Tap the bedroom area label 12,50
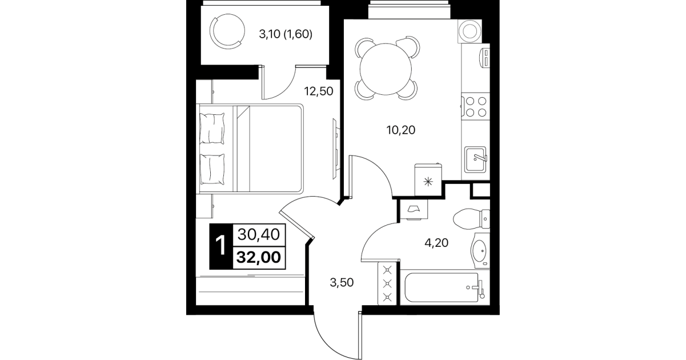point(319,91)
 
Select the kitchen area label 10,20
point(401,130)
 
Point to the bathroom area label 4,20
point(436,243)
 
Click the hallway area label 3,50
point(342,282)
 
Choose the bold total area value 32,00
point(259,257)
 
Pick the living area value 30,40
point(259,235)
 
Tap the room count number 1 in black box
point(221,246)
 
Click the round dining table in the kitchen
point(386,69)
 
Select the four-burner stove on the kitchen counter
point(476,106)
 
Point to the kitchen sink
point(475,159)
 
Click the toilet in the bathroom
point(471,219)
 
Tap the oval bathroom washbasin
point(480,251)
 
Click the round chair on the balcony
point(227,31)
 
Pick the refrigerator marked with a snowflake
point(428,179)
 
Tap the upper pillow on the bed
point(211,128)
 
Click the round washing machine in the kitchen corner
point(470,31)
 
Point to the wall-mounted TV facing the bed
point(336,149)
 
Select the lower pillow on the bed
point(211,169)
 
